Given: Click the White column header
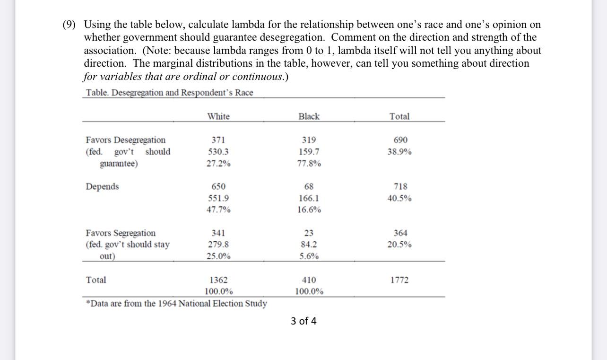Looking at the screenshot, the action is click(x=218, y=116).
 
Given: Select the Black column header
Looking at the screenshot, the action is click(x=309, y=116).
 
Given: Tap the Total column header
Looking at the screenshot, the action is click(x=399, y=116).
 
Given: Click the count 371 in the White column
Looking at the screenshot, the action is click(x=218, y=140).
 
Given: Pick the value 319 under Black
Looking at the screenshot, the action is click(x=309, y=140).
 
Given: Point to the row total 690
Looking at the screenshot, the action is click(x=400, y=140).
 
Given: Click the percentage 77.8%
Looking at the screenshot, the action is click(x=309, y=164).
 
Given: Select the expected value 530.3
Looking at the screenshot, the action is click(x=218, y=152).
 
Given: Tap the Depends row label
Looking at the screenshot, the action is click(x=102, y=186).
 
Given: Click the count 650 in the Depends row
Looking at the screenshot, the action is click(x=218, y=186).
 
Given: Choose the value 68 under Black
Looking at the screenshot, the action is click(x=309, y=186).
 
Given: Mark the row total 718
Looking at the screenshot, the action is click(x=400, y=186).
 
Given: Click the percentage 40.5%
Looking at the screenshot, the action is click(x=399, y=198).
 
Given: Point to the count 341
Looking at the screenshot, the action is click(x=218, y=233).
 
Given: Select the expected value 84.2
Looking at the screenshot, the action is click(x=309, y=245).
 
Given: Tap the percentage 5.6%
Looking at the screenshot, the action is click(x=309, y=256).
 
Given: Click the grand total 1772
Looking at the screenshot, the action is click(x=399, y=280).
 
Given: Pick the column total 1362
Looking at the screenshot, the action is click(x=218, y=280).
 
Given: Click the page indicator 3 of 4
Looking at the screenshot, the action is click(x=303, y=321).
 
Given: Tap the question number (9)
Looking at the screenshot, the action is click(x=71, y=25).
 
